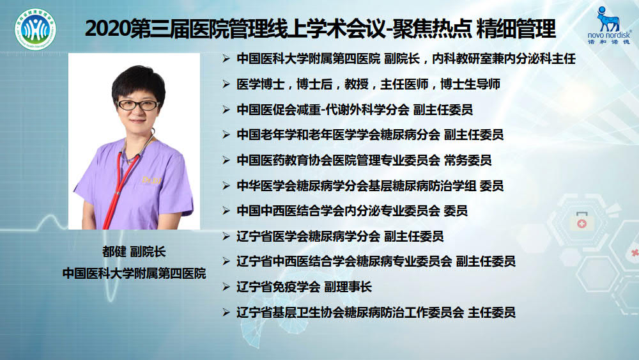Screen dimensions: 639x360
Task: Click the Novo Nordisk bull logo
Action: coord(608,20)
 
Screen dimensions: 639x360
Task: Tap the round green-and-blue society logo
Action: coord(35,29)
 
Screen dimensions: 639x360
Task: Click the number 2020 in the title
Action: coord(107,29)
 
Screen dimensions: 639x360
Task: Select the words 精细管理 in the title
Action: coord(516,29)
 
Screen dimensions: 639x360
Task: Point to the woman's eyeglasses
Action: coord(138,106)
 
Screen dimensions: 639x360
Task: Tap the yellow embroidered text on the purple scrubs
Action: coord(151,180)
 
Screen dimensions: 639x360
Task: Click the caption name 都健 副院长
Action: coord(134,251)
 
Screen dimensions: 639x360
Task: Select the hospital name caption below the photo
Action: coord(134,273)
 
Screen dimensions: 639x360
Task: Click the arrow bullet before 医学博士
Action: coord(226,84)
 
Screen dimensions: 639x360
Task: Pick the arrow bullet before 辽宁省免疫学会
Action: coord(226,287)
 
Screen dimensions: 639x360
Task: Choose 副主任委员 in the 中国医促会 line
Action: coord(443,110)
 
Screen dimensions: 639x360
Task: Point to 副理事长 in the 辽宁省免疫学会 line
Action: coord(348,287)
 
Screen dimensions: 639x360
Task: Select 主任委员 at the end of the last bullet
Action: coord(491,312)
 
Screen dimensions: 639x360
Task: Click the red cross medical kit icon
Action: coord(581,221)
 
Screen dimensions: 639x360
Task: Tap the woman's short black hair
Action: coord(138,84)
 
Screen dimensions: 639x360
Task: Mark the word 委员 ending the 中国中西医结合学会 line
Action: coord(456,211)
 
